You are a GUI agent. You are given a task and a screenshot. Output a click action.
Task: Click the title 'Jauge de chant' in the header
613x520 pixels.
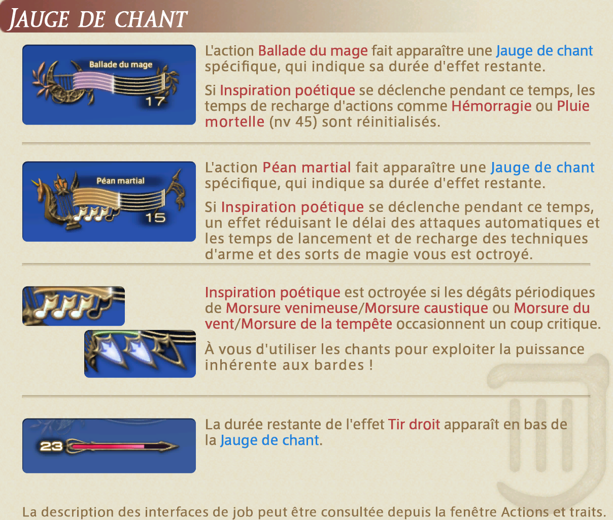(98, 19)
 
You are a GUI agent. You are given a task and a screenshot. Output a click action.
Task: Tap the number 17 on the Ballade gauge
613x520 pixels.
(155, 102)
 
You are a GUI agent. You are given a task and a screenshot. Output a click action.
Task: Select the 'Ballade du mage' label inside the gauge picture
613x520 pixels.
(121, 64)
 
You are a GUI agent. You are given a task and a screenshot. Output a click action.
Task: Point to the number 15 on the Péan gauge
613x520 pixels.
(155, 218)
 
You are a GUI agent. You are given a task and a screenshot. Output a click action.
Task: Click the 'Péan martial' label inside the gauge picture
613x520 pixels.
(120, 181)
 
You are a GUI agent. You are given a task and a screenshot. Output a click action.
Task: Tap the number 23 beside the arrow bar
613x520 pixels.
(51, 446)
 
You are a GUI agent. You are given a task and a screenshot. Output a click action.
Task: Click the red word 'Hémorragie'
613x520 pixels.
(491, 106)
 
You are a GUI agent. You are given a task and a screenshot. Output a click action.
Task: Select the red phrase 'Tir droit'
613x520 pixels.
(414, 424)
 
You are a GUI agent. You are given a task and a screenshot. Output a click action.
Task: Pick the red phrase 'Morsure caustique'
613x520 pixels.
(426, 308)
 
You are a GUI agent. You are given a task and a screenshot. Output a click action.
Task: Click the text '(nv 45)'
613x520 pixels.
(293, 122)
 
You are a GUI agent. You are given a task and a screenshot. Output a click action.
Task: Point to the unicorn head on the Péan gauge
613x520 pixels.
(41, 187)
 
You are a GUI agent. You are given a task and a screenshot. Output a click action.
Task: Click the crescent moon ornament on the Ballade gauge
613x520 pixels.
(59, 83)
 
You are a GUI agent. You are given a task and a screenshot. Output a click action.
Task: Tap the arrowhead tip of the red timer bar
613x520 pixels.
(178, 446)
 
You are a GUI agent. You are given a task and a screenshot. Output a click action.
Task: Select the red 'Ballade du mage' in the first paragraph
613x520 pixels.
(313, 51)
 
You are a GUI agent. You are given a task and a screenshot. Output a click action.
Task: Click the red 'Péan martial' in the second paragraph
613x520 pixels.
(306, 168)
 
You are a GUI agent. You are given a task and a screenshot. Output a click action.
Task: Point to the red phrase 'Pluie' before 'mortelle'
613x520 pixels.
(573, 106)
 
